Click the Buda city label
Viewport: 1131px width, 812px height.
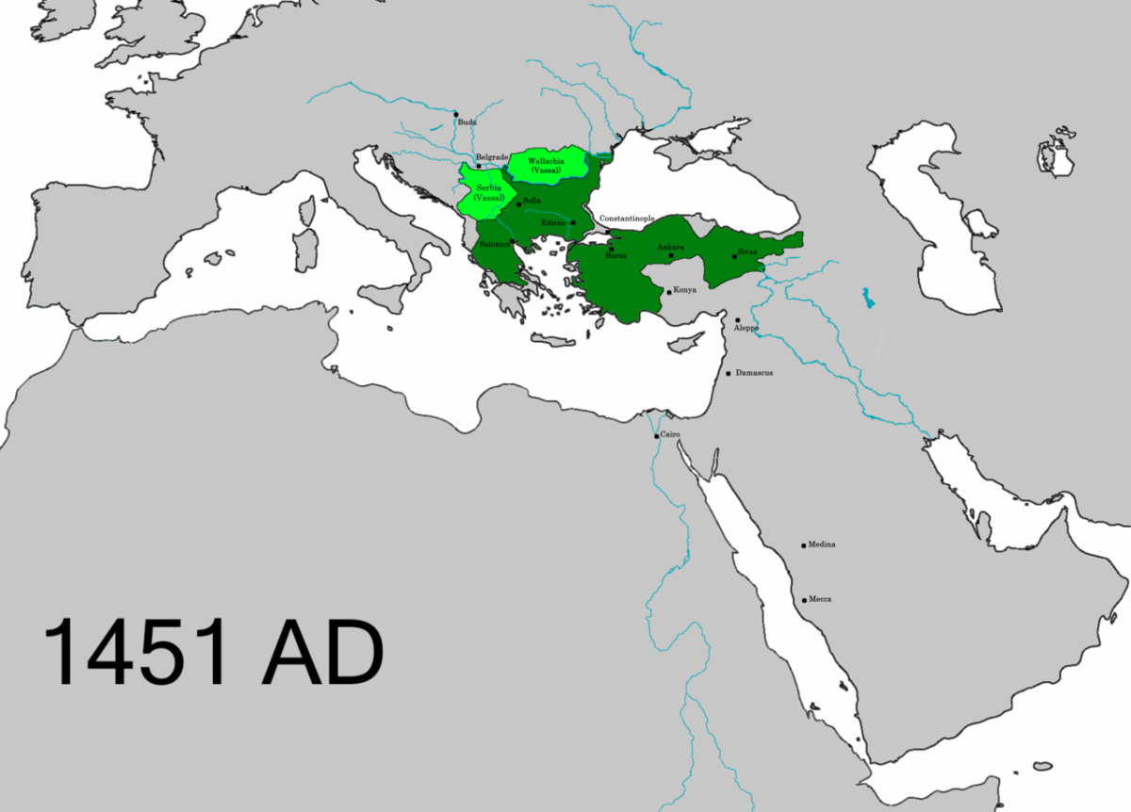467,122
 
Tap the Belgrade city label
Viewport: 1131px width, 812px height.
492,156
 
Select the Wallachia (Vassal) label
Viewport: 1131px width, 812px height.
547,165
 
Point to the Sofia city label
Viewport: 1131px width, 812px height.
532,202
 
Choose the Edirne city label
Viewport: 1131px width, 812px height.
553,222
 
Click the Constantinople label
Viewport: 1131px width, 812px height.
627,219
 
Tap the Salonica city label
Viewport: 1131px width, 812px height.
494,244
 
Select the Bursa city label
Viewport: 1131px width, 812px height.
615,255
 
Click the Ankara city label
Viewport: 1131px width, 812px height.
670,248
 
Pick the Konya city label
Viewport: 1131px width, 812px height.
684,290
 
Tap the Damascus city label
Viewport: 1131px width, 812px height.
754,373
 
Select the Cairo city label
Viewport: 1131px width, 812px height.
669,433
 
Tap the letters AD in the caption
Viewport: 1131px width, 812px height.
322,652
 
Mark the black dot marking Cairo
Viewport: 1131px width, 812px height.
656,435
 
